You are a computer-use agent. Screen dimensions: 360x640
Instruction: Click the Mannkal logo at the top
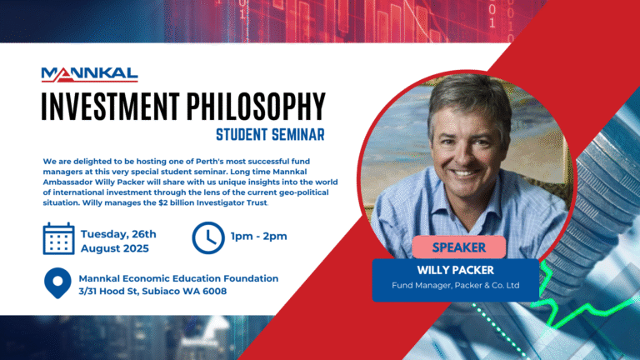point(89,75)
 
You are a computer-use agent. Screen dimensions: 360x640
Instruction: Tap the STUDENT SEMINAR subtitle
point(269,133)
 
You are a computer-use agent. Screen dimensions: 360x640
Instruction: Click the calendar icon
point(58,237)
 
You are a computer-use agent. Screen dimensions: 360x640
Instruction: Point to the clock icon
point(207,237)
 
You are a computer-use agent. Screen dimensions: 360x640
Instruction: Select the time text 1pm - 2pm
point(259,237)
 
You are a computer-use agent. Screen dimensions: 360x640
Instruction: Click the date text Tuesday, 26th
point(118,233)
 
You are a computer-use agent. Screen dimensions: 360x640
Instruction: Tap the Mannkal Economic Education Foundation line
point(178,278)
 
